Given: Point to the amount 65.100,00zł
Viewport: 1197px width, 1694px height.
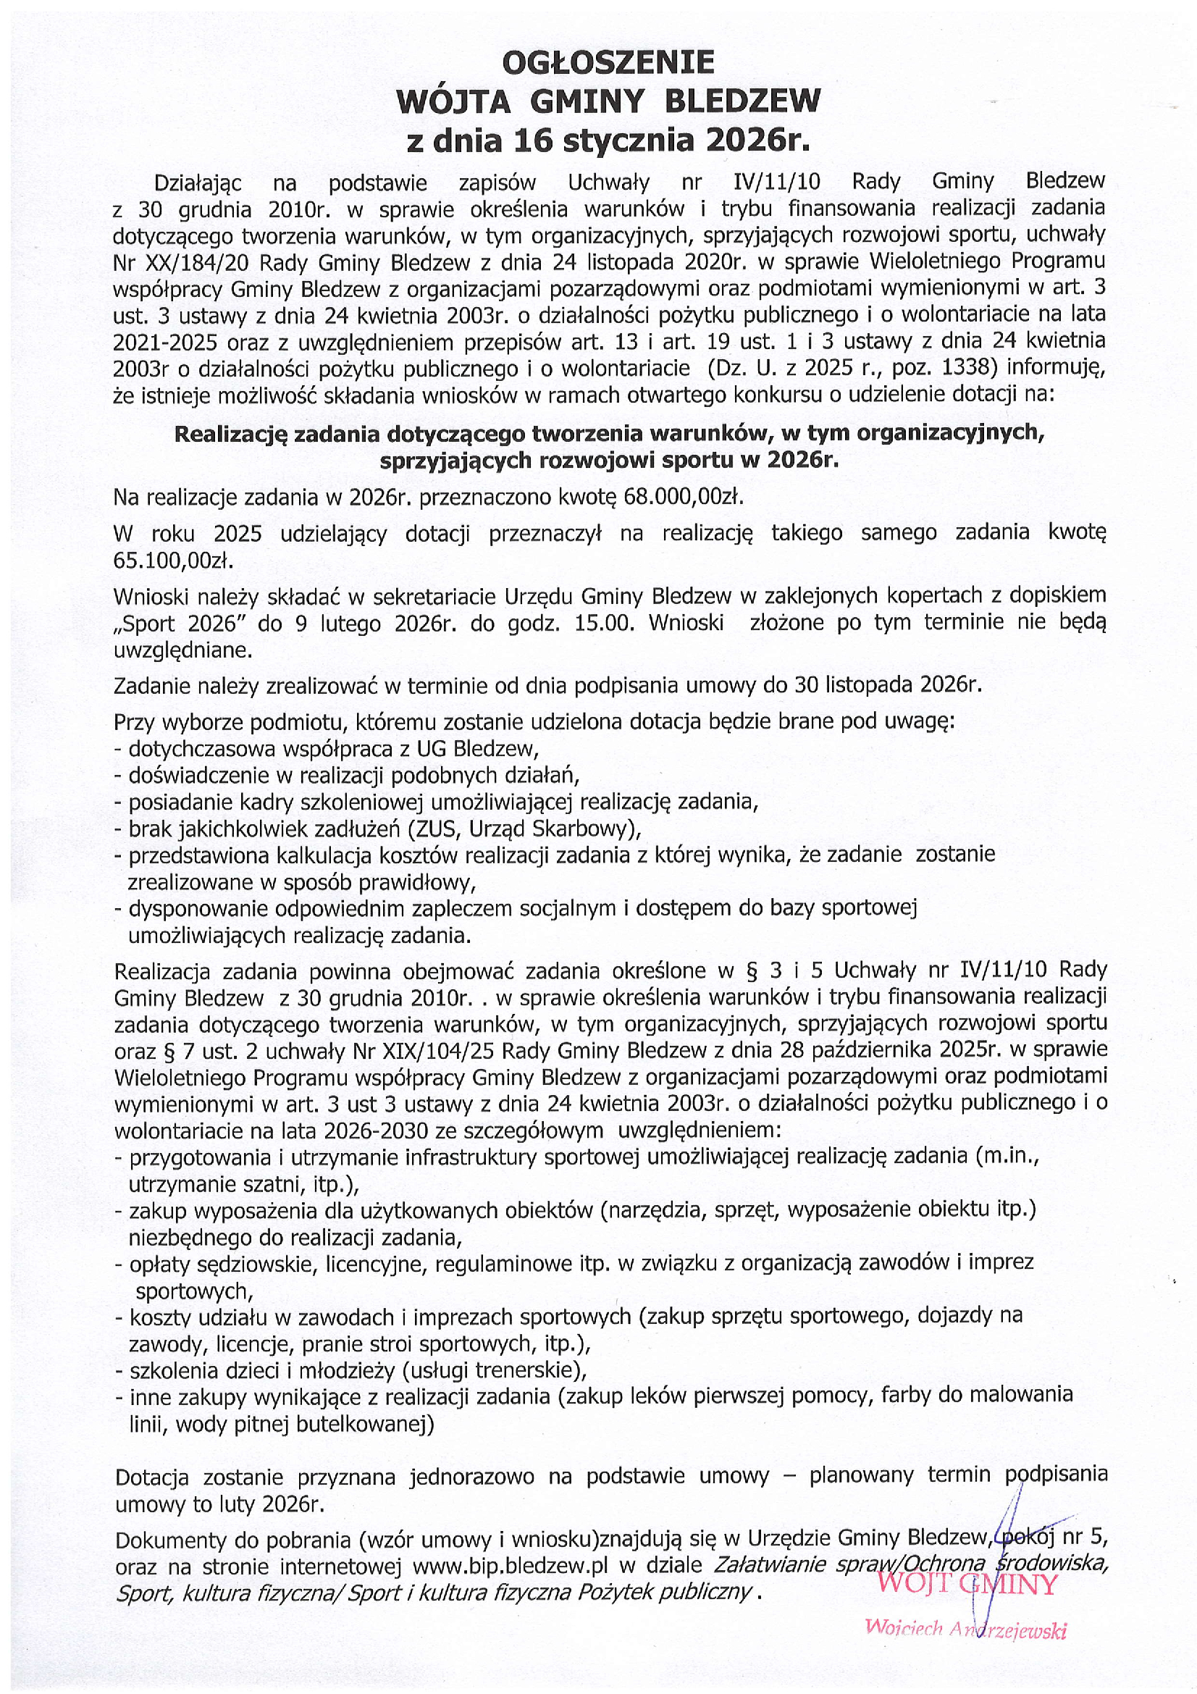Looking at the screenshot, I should [172, 561].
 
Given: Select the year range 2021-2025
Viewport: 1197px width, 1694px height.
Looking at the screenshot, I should [167, 343].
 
